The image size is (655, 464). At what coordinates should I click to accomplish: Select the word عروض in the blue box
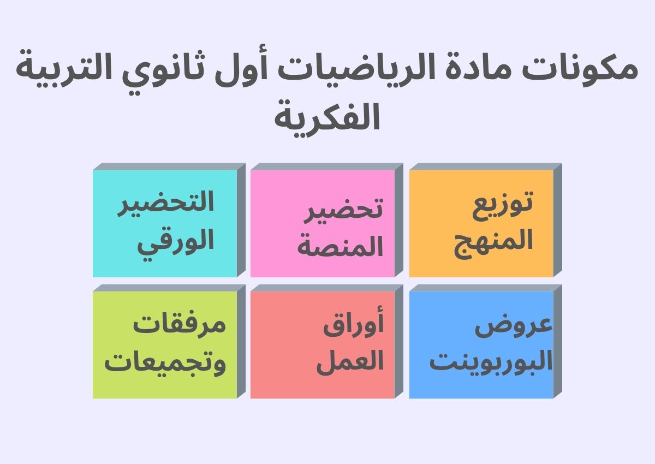click(x=514, y=328)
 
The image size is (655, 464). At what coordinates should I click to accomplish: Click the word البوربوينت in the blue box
click(x=491, y=362)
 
